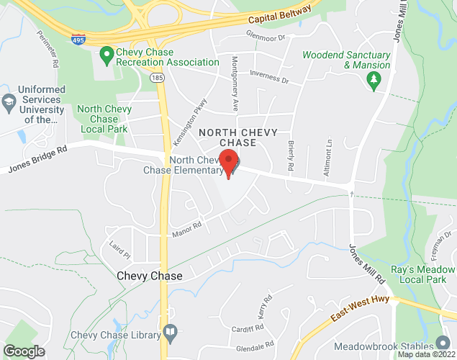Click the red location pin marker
point(229,163)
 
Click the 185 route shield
point(158,76)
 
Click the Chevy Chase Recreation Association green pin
point(107,53)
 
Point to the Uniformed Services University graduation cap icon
point(9,100)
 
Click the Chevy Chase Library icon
point(170,332)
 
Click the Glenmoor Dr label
point(266,36)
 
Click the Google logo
point(24,351)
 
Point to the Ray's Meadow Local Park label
point(422,275)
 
